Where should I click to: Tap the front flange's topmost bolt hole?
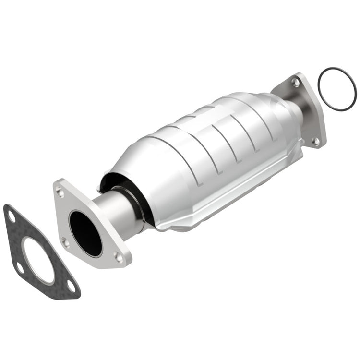coord(60,192)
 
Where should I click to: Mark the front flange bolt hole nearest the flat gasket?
coord(65,242)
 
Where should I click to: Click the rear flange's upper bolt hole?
coord(296,83)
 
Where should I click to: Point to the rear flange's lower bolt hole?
coord(315,141)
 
